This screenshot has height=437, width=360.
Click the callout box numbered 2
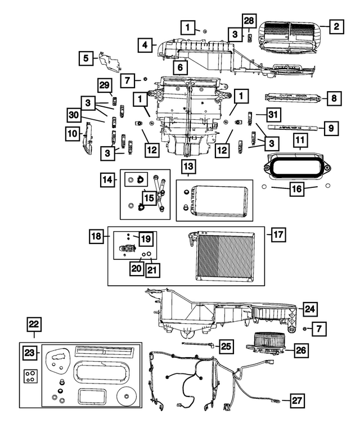[x=336, y=26]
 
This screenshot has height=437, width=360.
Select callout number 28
[x=248, y=21]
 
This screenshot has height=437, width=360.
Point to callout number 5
[x=86, y=57]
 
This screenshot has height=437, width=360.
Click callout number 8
[x=333, y=98]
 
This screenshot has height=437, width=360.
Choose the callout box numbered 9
[x=331, y=128]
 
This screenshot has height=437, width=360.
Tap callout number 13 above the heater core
[x=188, y=166]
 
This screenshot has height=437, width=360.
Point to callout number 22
[x=34, y=323]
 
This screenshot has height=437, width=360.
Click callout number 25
[x=225, y=347]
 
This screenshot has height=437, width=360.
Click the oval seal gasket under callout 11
[x=296, y=166]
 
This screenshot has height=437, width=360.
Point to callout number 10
[x=72, y=134]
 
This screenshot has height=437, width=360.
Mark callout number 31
[x=273, y=115]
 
